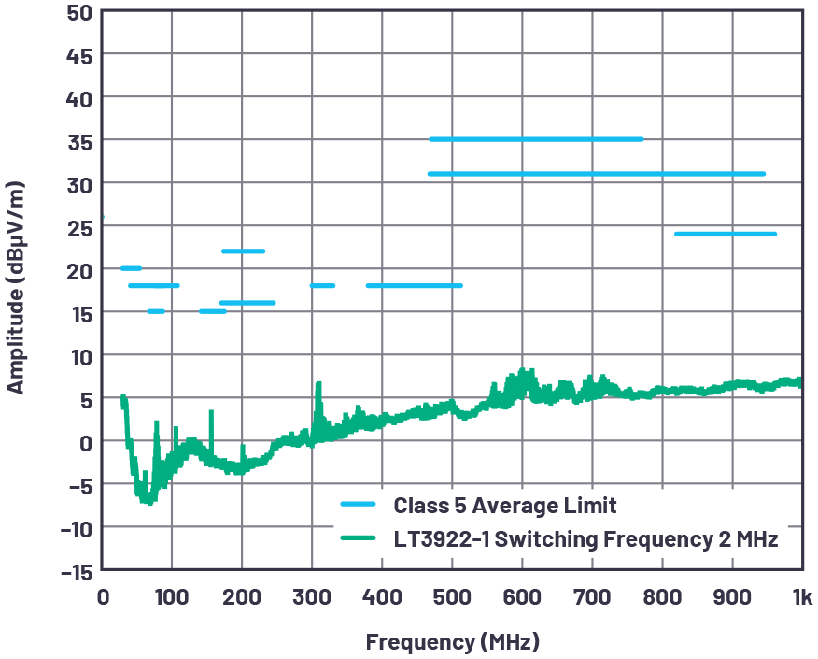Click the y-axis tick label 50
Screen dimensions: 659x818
[x=78, y=12]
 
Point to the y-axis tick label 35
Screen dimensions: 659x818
[x=78, y=140]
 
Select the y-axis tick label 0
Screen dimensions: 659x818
[x=85, y=441]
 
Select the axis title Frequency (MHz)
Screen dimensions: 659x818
[x=452, y=642]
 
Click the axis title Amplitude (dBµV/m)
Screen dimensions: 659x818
[x=16, y=290]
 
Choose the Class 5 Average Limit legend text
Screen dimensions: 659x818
[x=505, y=506]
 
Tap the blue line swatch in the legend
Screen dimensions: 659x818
[x=358, y=506]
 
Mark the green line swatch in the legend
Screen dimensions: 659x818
[x=358, y=539]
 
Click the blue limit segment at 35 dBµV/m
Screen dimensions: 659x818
[x=536, y=139]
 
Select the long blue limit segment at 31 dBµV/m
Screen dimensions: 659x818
[x=596, y=174]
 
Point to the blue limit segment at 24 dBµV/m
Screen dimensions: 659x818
[x=725, y=234]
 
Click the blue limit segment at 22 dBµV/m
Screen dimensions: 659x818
[x=243, y=251]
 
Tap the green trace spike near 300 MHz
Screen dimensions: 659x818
[x=318, y=385]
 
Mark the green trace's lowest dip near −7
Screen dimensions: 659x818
[x=147, y=501]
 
